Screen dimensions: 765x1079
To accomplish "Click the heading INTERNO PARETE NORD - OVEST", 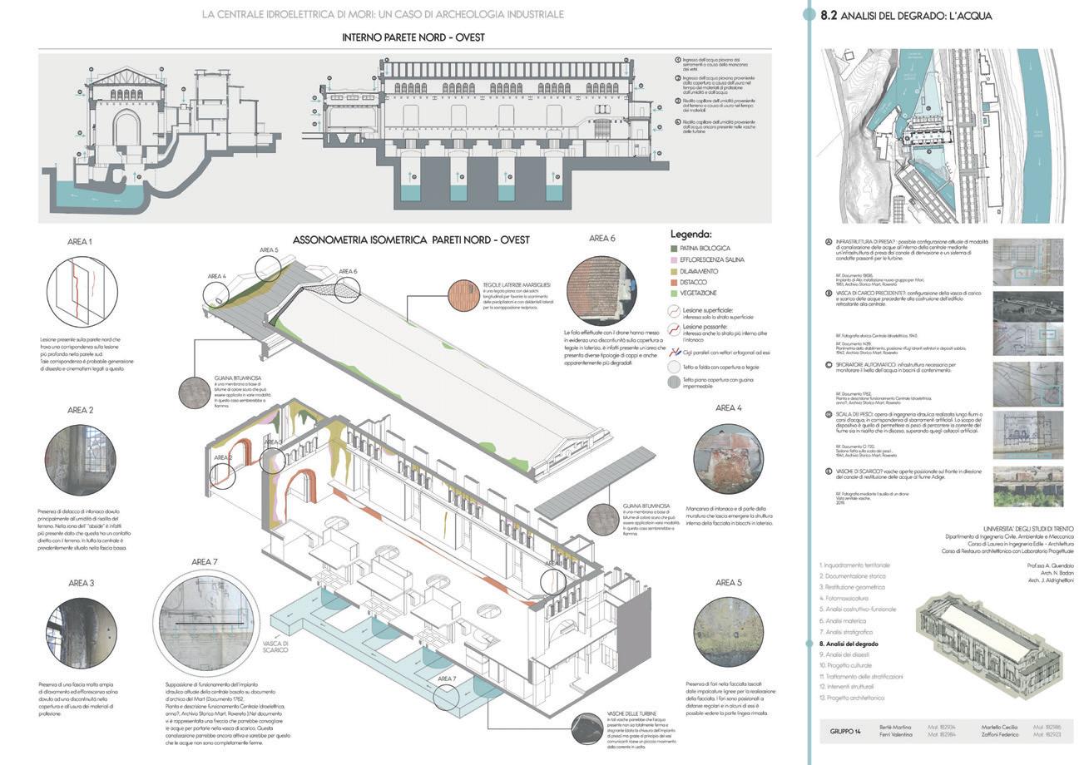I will [413, 37].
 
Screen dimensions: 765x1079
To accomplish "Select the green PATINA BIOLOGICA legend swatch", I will [675, 248].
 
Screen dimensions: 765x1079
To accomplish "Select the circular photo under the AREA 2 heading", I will [81, 461].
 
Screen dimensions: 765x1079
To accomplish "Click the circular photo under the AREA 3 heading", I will [81, 634].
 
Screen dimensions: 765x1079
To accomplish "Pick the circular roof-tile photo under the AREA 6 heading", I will [601, 290].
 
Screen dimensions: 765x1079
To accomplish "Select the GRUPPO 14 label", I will [847, 731].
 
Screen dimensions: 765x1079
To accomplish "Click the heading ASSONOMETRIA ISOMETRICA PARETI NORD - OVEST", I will [412, 239].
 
